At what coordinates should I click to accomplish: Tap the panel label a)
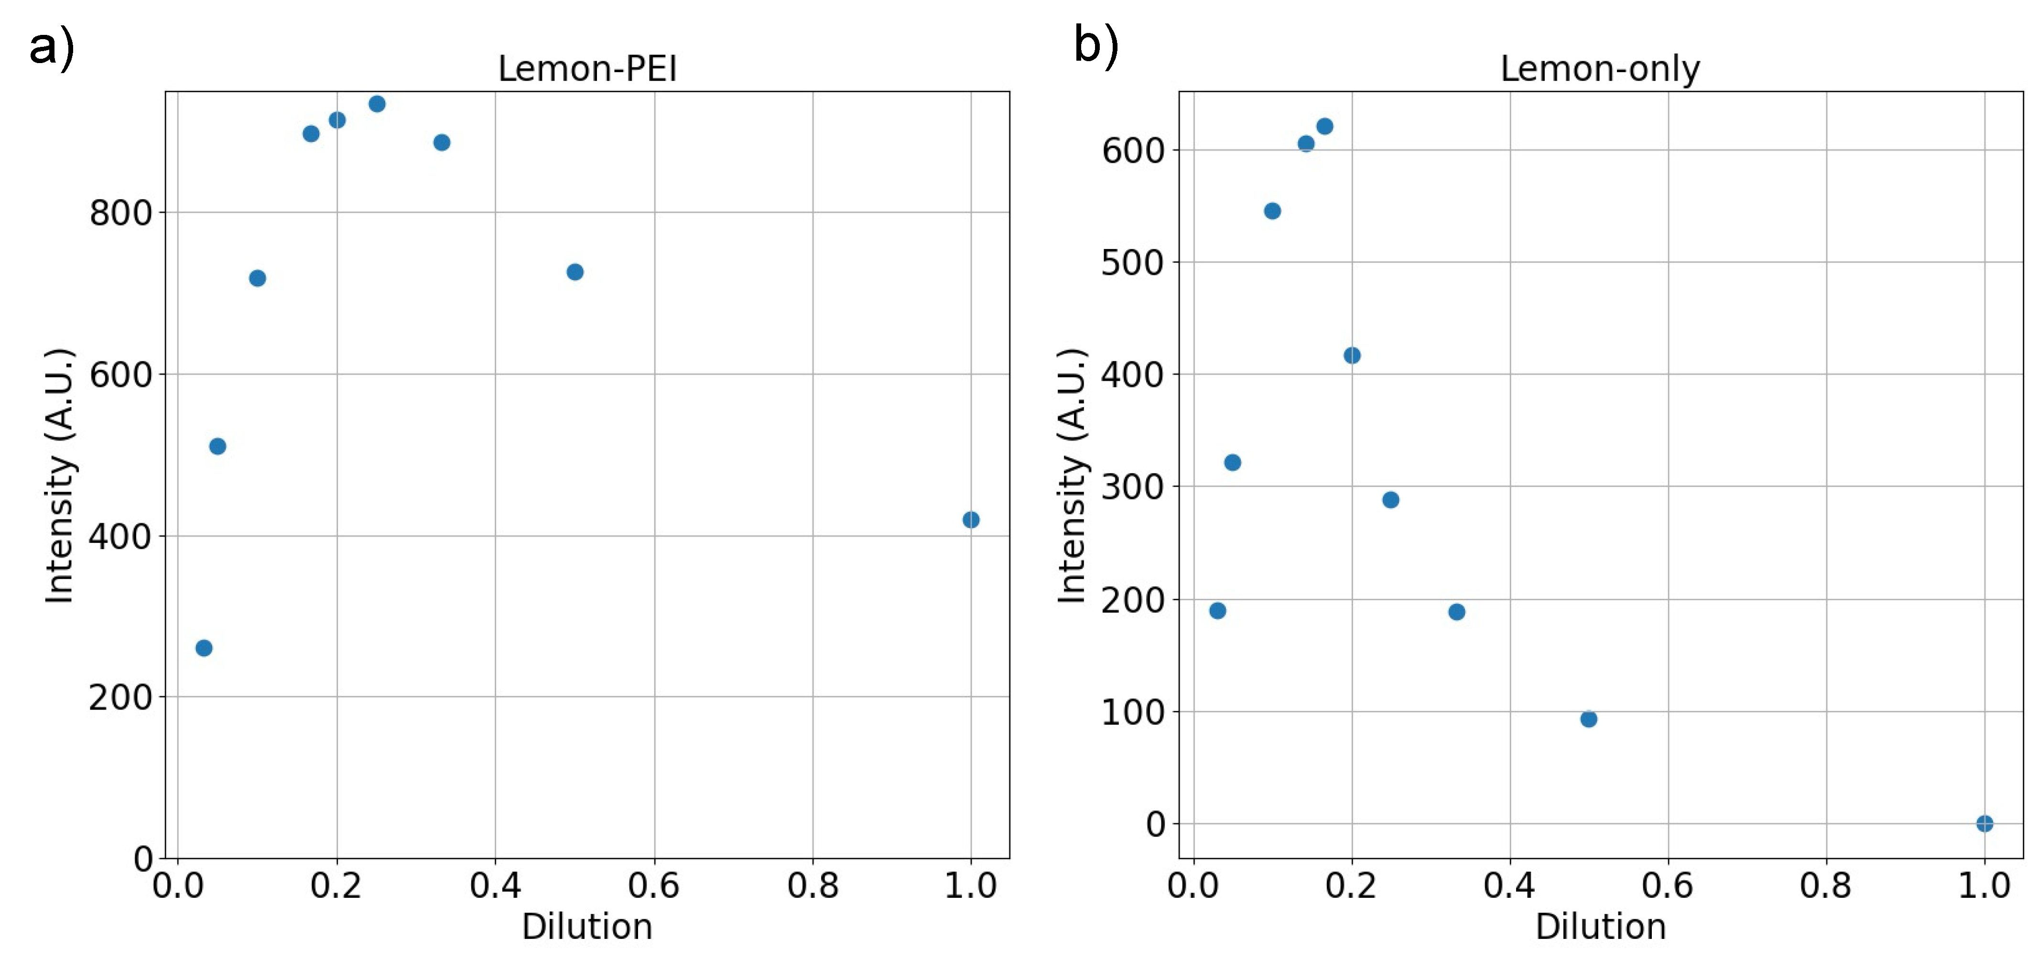(52, 46)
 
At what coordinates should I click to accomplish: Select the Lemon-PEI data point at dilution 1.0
(970, 520)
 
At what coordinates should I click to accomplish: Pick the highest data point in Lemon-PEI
(377, 104)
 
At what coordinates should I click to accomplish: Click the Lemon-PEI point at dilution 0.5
(575, 272)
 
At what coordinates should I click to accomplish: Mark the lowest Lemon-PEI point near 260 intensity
(204, 648)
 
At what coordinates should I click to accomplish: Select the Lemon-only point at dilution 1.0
(1984, 824)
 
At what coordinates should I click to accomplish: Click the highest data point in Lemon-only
(1324, 127)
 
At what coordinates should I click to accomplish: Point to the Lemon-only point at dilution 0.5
(1588, 719)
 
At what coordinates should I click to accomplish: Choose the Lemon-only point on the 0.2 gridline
(1351, 355)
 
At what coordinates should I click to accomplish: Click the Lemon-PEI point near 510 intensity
(217, 446)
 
